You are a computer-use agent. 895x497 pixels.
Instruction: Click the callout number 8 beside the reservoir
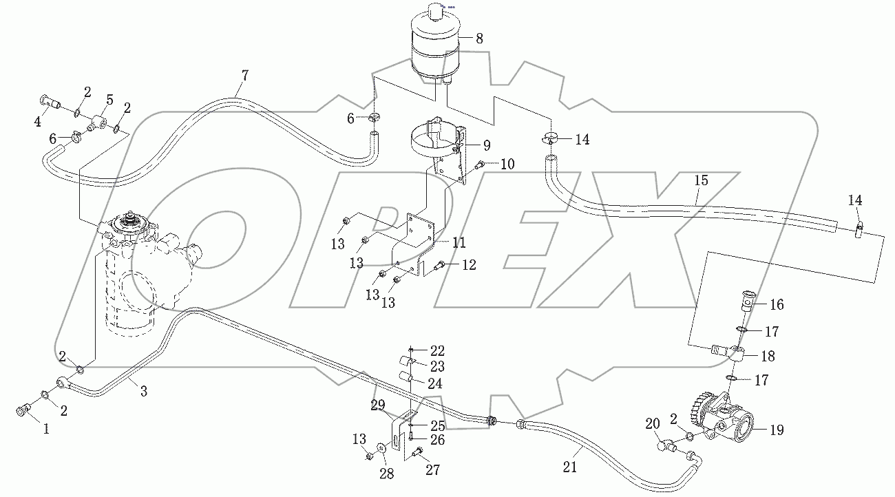[479, 39]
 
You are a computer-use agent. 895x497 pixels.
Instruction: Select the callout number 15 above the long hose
[700, 181]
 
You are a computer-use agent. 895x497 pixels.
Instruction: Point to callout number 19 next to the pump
[777, 430]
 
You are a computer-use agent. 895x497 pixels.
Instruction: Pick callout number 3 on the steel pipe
[144, 392]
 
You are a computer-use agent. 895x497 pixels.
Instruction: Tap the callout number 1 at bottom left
[46, 428]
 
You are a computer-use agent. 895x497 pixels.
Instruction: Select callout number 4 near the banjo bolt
[36, 123]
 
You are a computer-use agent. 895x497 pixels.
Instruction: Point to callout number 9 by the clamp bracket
[486, 145]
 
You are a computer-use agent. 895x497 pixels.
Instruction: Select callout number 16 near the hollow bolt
[777, 304]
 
